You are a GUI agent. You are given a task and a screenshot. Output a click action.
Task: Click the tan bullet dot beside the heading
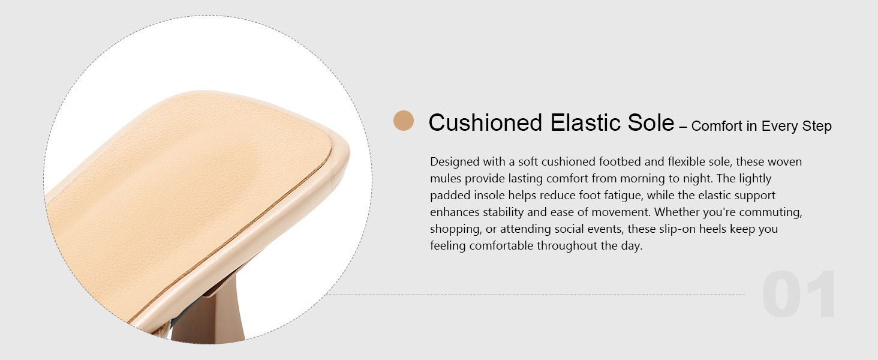click(404, 121)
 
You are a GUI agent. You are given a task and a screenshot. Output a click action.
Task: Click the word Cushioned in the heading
click(485, 122)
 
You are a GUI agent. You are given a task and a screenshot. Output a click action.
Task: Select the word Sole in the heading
click(651, 122)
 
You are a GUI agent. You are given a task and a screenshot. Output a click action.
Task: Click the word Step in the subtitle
click(817, 126)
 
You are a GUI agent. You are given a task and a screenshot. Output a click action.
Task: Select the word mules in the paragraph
click(445, 178)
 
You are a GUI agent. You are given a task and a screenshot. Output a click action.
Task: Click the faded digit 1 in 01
click(822, 294)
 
